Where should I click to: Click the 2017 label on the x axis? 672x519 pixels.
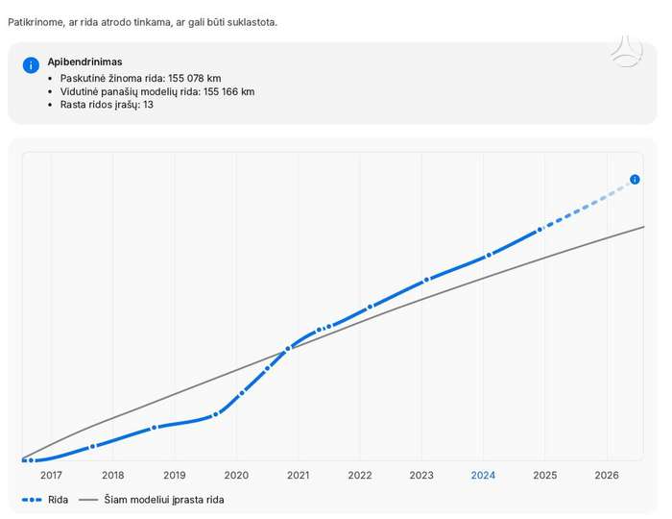pos(51,475)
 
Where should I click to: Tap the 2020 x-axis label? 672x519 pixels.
pos(236,475)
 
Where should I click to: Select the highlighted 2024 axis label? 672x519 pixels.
pos(483,475)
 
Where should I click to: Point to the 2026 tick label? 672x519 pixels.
pos(607,475)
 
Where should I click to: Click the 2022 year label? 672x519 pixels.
pos(360,475)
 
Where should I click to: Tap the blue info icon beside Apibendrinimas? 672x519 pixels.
pos(31,65)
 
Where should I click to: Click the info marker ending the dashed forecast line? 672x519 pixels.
pos(635,180)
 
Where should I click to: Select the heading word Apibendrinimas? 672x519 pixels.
pos(84,62)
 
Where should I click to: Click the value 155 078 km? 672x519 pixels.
pos(195,79)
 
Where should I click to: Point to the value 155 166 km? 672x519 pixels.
pos(228,92)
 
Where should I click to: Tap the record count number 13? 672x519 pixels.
pos(148,105)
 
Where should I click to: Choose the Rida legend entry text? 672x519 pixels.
pos(59,500)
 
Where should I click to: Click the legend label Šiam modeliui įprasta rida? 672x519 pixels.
pos(164,500)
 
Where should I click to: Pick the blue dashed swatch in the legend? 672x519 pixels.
pos(32,500)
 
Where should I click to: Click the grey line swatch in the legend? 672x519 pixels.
pos(88,500)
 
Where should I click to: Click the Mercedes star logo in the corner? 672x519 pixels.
pos(627,52)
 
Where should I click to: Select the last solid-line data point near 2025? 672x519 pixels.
pos(540,230)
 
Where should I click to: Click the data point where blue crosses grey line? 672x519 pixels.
pos(288,349)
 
